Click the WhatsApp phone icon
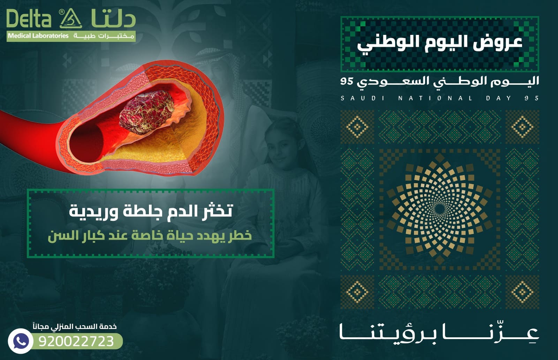pyautogui.click(x=20, y=341)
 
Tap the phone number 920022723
pyautogui.click(x=76, y=341)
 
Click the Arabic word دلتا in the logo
pyautogui.click(x=113, y=19)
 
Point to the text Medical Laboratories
pyautogui.click(x=38, y=36)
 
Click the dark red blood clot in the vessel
pyautogui.click(x=147, y=112)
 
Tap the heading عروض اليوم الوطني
pyautogui.click(x=439, y=43)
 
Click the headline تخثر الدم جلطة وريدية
pyautogui.click(x=150, y=211)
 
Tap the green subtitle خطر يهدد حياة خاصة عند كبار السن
pyautogui.click(x=150, y=235)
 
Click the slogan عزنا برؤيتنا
pyautogui.click(x=439, y=333)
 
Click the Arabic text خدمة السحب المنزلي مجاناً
pyautogui.click(x=75, y=327)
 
